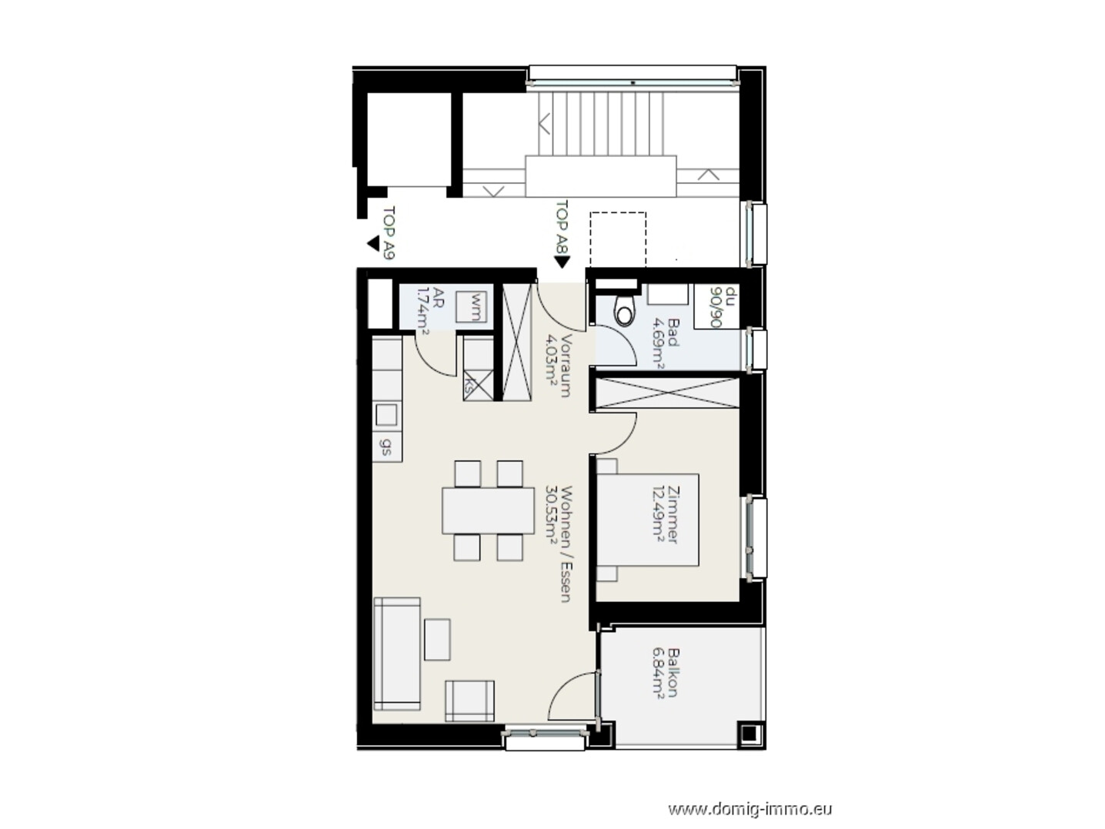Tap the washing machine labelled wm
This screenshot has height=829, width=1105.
coord(472,306)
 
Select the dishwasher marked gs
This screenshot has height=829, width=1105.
coord(387,446)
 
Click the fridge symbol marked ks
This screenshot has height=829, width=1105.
coord(479,385)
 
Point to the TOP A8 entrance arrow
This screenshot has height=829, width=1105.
coord(561,262)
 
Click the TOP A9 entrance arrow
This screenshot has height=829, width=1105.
coord(373,243)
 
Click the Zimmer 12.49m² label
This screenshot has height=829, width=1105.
coord(665,515)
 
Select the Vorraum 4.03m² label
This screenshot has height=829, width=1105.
coord(558,366)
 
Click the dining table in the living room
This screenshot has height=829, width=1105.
coord(488,510)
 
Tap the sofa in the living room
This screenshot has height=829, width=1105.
coord(397,654)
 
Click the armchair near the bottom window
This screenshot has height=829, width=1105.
coord(469,701)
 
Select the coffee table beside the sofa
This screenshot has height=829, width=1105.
coord(437,639)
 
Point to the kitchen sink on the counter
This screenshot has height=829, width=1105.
coord(386,415)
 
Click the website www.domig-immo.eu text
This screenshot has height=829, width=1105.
coord(750,809)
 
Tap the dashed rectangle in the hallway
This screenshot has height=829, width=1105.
coord(618,239)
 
